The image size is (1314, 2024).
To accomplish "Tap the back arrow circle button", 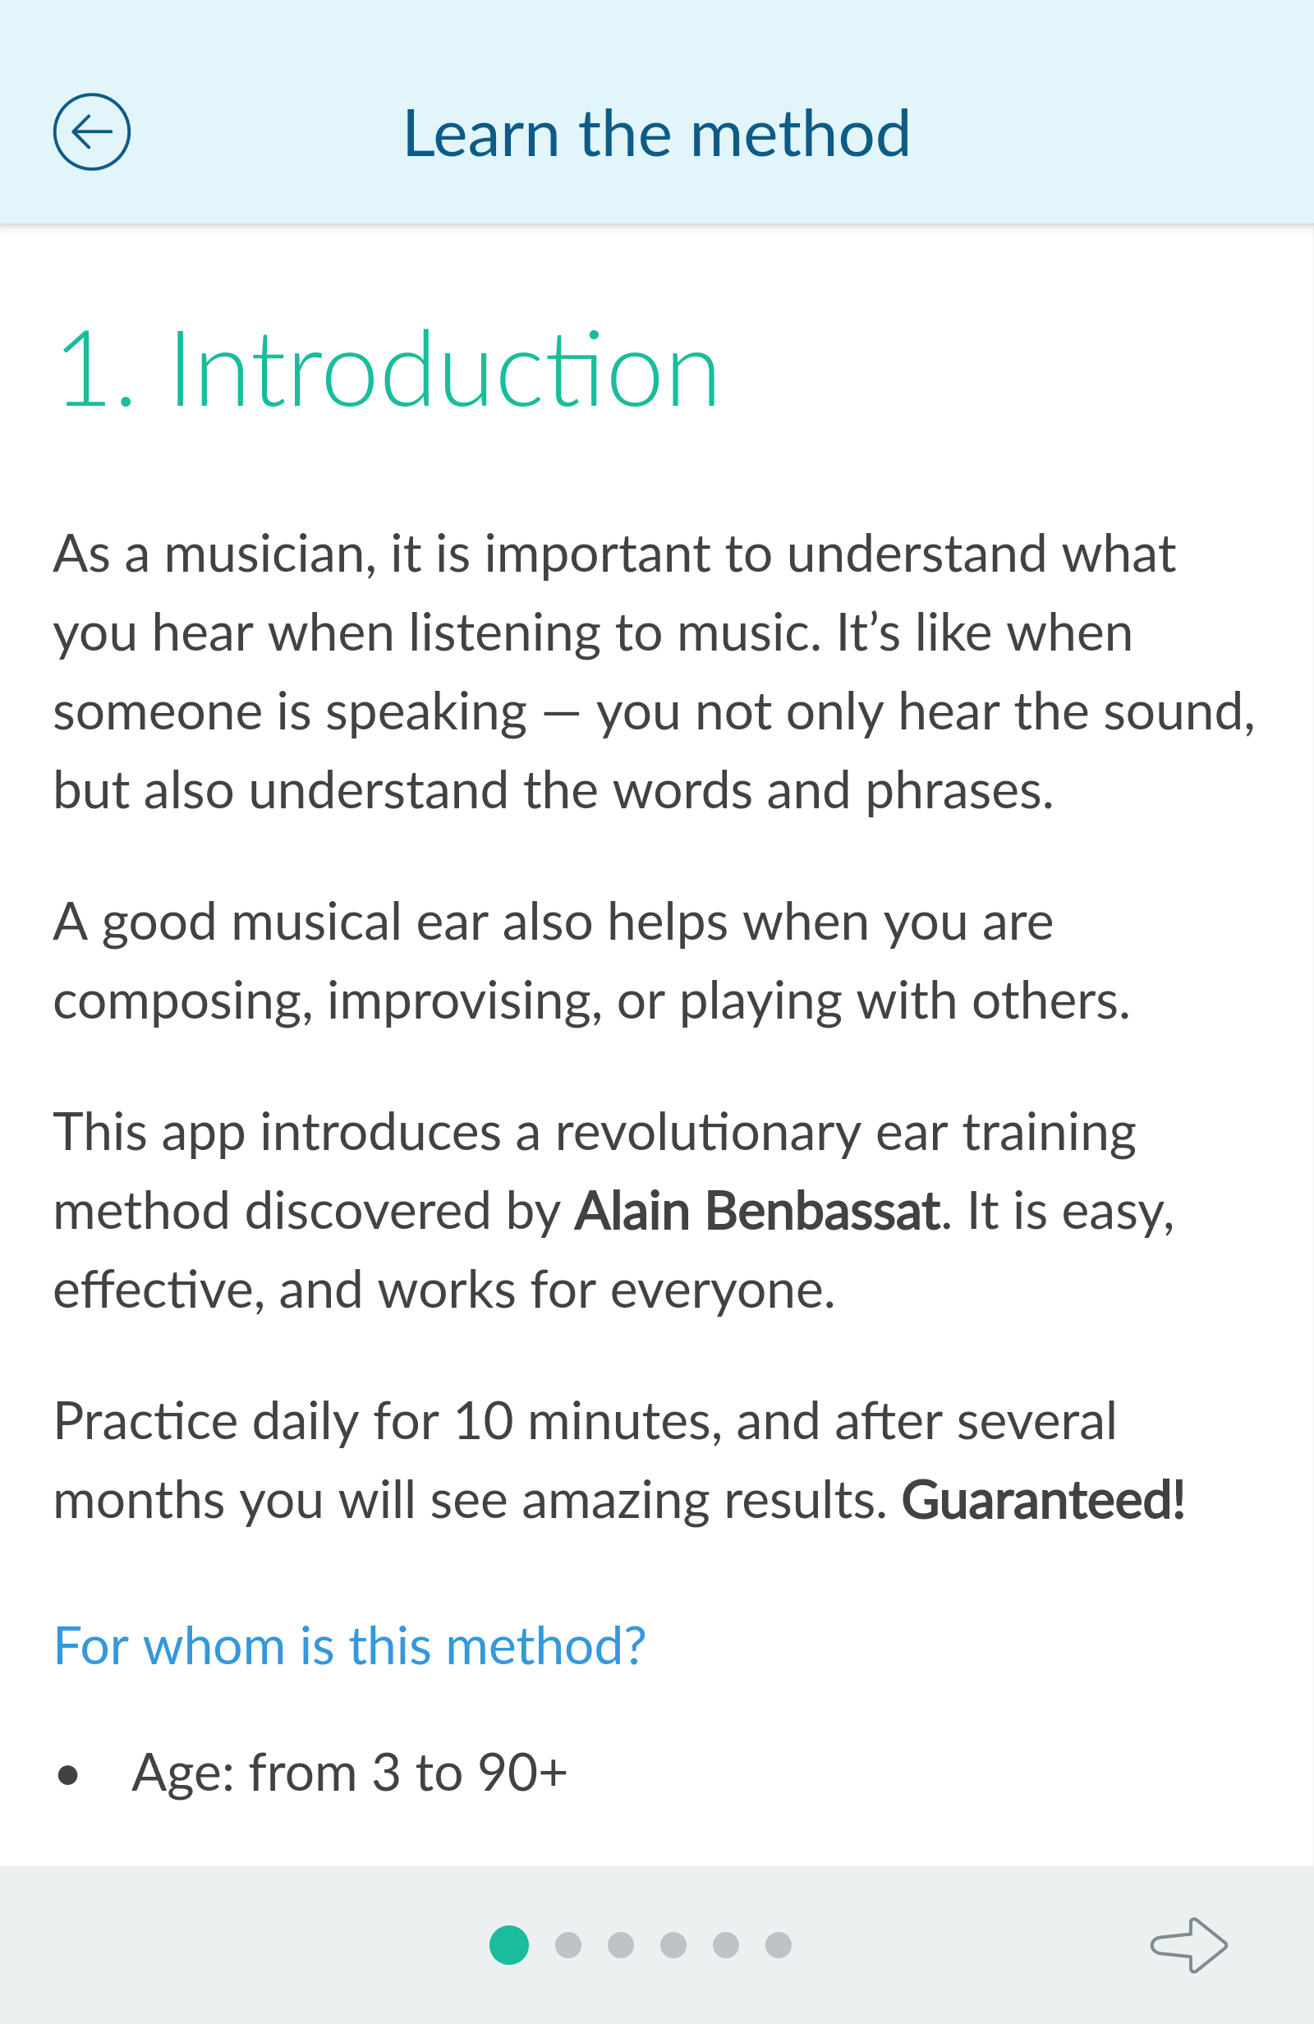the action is (x=92, y=131).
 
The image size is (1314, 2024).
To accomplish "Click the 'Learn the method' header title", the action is (x=656, y=134).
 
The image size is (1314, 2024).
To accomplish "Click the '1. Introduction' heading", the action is (x=388, y=370).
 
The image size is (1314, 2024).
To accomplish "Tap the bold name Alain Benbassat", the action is (x=758, y=1210).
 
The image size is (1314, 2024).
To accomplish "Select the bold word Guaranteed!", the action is (x=1043, y=1499).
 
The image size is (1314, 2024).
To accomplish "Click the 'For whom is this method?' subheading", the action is (x=350, y=1645).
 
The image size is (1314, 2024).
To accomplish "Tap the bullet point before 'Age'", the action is (x=68, y=1775).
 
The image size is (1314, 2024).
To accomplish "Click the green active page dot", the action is (x=509, y=1945).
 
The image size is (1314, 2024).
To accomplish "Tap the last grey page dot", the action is (x=779, y=1945).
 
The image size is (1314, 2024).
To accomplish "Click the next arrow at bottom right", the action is (x=1189, y=1945).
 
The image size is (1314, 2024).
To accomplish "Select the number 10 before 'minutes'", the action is (x=483, y=1421).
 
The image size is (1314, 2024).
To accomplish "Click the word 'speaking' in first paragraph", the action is (x=426, y=714).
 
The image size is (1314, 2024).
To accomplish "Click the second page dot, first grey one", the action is (x=568, y=1945).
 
